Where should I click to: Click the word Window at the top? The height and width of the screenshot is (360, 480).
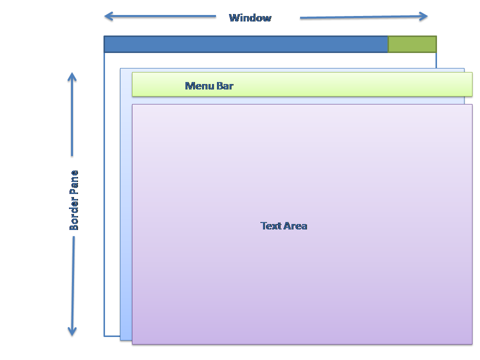tap(250, 18)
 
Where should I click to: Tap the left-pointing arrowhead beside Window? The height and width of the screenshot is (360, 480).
tap(108, 16)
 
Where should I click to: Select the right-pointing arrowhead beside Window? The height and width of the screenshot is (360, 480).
tap(424, 16)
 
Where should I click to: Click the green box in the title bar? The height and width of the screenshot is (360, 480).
tap(412, 44)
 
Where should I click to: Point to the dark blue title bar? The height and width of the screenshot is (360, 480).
tap(245, 44)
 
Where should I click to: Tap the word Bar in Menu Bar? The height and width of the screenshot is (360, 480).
tap(224, 86)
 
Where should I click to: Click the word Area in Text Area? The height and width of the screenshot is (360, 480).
tap(295, 226)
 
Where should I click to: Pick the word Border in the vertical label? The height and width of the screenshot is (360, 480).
tap(74, 214)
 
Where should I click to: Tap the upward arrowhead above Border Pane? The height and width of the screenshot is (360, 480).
tap(72, 76)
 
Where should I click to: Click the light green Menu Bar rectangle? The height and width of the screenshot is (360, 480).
tap(350, 84)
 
